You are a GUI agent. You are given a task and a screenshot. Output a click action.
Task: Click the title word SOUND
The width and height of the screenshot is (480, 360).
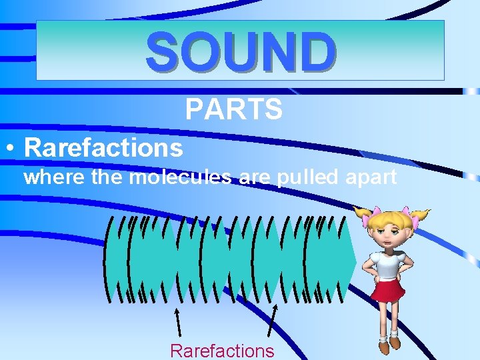[241, 51]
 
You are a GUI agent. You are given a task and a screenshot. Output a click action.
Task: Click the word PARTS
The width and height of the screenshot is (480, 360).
[233, 109]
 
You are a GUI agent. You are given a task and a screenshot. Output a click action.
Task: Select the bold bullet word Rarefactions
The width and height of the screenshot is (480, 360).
[103, 147]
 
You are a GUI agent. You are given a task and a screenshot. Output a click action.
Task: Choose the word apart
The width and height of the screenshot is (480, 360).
[370, 178]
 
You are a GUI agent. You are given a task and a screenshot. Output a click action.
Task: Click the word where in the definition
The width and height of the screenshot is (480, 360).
[49, 178]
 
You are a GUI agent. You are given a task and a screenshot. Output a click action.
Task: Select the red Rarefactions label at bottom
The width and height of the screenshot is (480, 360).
[222, 351]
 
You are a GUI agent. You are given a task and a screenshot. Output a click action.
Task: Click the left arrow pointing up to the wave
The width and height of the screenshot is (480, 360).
[178, 320]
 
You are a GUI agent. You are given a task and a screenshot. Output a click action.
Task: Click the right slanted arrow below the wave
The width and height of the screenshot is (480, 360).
[272, 320]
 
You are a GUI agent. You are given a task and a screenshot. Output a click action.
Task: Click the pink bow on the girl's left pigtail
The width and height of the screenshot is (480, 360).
[363, 213]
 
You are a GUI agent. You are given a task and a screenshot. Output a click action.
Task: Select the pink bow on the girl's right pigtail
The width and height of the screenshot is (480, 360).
[421, 215]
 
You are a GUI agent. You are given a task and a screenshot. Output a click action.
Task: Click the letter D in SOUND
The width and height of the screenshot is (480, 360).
[316, 51]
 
